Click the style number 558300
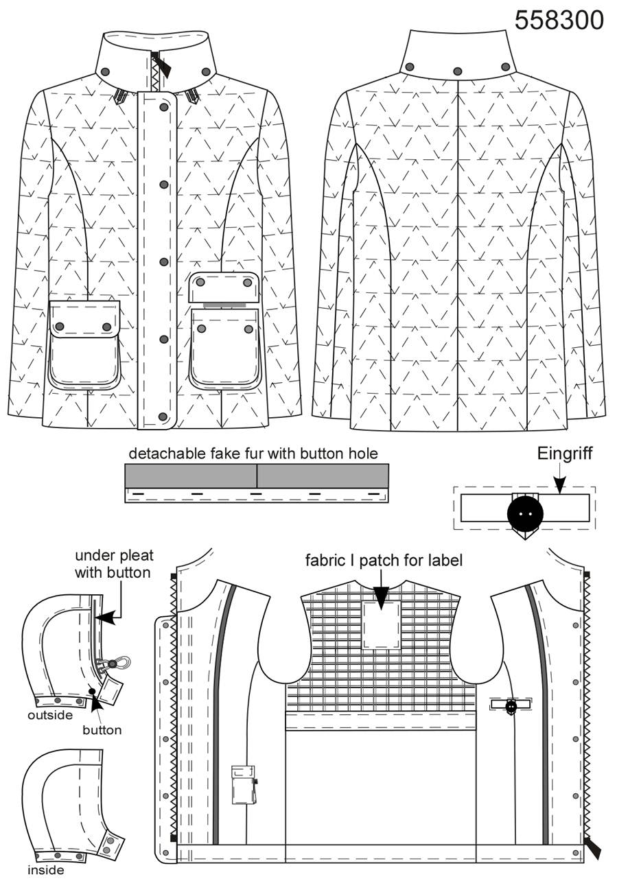pos(559,20)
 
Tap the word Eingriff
pos(564,454)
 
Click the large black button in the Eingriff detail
pos(525,514)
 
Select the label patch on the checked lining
pos(381,624)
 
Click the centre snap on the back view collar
pos(458,71)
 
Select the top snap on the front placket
pos(164,107)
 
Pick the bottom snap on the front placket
pos(162,416)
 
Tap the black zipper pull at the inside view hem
pos(593,847)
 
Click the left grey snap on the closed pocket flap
pos(60,327)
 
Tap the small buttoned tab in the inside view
pos(511,705)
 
